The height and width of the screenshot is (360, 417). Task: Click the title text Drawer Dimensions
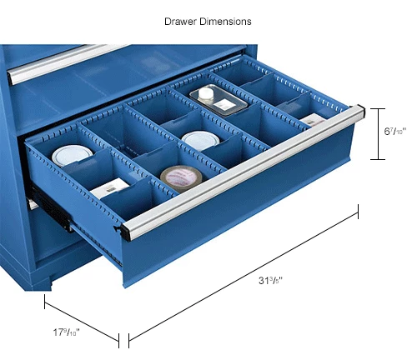pos(208,20)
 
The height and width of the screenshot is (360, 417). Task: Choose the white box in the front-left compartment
pos(110,192)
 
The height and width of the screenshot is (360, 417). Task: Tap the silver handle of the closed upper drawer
pos(67,62)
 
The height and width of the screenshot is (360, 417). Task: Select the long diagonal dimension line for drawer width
pos(242,274)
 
